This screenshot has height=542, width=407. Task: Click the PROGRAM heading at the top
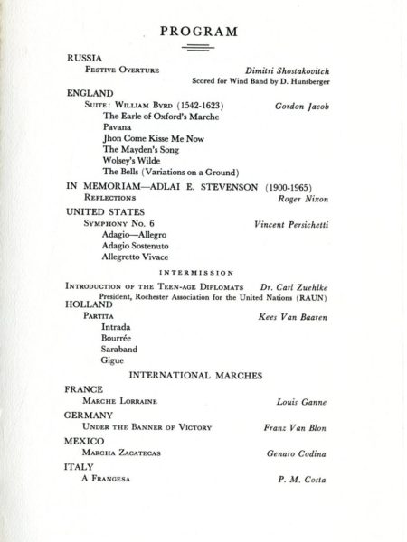(x=198, y=33)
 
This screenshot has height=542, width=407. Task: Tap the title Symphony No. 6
(x=114, y=221)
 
